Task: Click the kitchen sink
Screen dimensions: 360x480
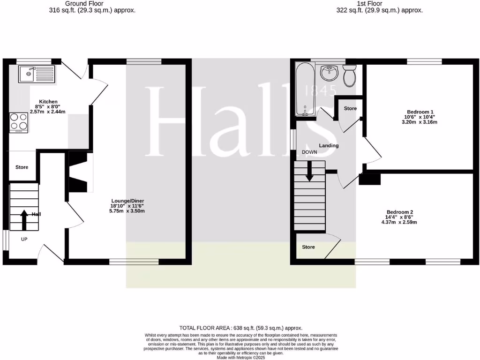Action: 37,74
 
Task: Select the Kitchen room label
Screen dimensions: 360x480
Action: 48,102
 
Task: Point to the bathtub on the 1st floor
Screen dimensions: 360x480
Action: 306,89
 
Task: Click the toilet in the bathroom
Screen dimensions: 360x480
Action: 350,76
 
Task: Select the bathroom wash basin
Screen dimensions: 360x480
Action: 330,73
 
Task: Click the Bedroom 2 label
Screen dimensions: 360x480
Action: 399,212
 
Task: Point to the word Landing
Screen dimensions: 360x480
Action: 329,146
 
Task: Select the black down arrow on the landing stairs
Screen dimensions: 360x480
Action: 310,171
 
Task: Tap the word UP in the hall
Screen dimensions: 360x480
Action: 24,239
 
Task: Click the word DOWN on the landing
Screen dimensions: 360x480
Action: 309,152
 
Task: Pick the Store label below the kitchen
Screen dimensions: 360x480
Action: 22,167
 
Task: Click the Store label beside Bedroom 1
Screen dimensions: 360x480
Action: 350,109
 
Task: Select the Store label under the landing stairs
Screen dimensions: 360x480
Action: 308,247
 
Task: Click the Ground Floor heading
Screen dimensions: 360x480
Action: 78,3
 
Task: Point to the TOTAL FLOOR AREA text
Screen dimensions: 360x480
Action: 241,328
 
